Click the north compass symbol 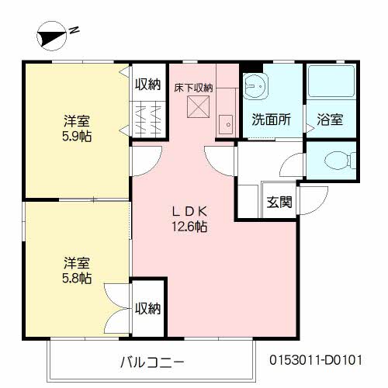(52, 36)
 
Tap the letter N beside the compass (74, 30)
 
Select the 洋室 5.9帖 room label (77, 129)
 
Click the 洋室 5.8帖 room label (77, 270)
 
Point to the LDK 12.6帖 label (189, 219)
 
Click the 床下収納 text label (193, 88)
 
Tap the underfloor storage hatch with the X (198, 107)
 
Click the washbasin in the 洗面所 (255, 85)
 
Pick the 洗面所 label (272, 120)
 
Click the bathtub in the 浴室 (331, 81)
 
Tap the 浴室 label (330, 120)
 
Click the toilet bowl (339, 161)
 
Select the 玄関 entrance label (279, 202)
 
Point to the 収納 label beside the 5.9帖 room (148, 84)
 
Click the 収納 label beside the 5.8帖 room (148, 308)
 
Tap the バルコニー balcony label (152, 362)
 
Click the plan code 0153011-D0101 (316, 360)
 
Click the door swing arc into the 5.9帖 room (154, 166)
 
